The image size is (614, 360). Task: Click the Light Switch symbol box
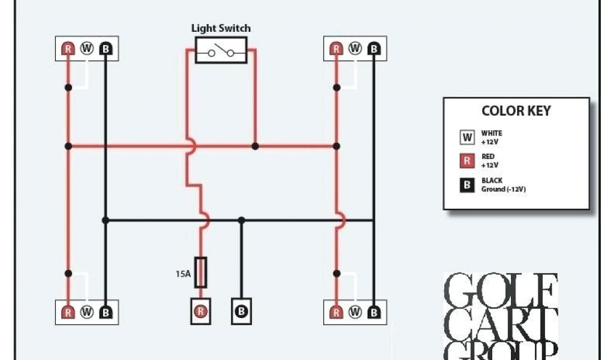point(221,52)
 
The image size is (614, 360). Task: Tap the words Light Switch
point(221,28)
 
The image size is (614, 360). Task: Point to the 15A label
point(183,274)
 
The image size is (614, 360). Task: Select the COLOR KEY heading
point(516,111)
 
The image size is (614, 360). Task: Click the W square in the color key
point(467,137)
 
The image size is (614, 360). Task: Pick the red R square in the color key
point(467,161)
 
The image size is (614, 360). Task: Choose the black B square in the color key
point(467,185)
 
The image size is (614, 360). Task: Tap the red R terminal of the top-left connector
point(68,49)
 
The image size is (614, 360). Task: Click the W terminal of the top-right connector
point(355,49)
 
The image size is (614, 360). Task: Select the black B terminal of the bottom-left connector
point(106,312)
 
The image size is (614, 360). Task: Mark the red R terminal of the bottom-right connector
point(336,312)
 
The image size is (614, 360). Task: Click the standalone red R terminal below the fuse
point(201,311)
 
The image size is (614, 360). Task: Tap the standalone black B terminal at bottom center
point(241,311)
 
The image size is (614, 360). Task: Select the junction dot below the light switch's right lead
point(255,146)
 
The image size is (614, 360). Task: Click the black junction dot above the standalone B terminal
point(241,220)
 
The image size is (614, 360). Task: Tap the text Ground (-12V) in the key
point(504,190)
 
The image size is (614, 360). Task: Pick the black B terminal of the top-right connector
point(374,49)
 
